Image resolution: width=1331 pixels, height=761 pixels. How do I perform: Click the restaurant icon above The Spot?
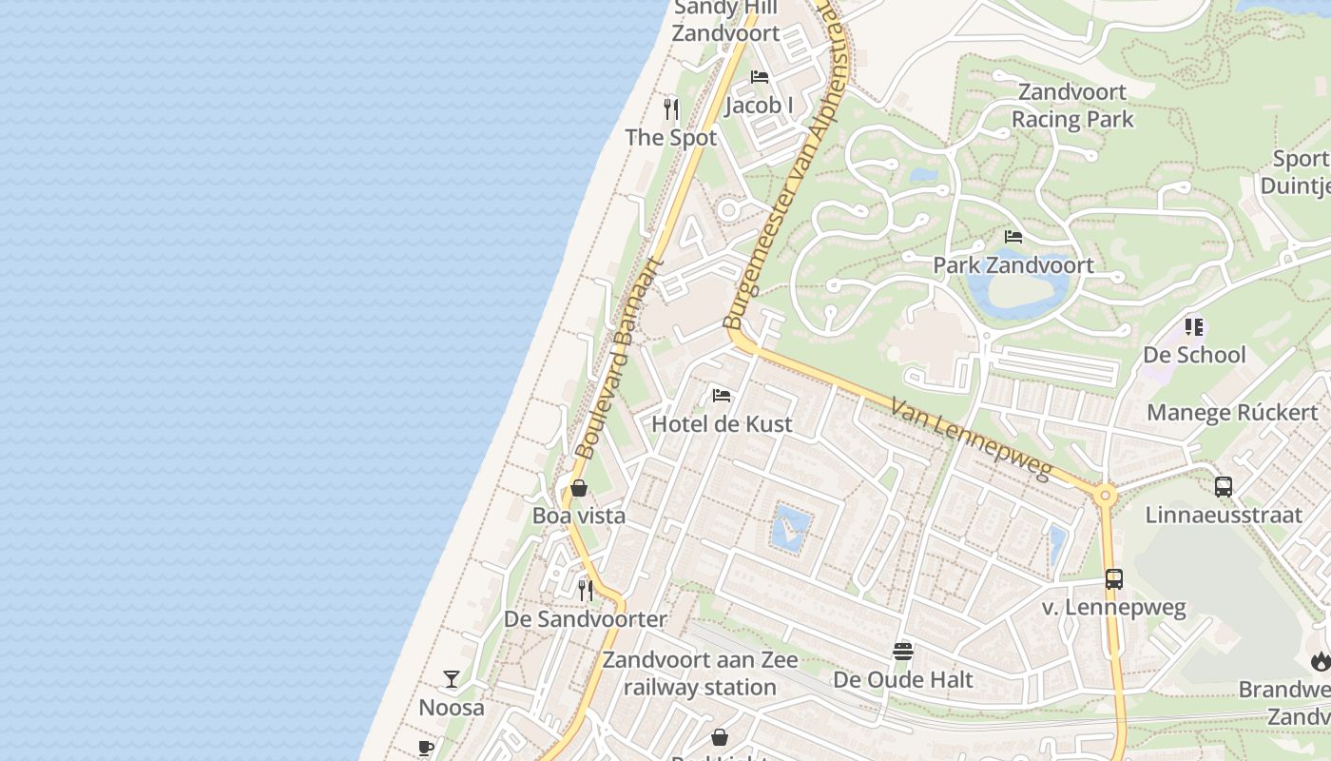coord(671,108)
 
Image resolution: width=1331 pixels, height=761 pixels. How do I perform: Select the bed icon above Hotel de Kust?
coord(722,395)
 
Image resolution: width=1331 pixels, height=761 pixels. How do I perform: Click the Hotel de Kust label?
coord(722,423)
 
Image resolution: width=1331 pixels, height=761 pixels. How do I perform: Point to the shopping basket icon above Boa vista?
coord(578,489)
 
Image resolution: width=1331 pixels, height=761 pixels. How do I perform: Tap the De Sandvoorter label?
coord(585,619)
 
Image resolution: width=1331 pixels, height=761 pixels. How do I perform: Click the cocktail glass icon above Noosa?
coord(452,679)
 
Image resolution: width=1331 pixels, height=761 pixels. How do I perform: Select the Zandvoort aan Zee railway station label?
coord(701,673)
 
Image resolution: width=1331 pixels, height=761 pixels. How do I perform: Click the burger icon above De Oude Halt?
coord(902,652)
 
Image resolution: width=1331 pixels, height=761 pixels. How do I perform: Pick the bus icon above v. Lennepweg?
coord(1113,578)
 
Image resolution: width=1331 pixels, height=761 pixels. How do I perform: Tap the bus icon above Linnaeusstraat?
coord(1223,486)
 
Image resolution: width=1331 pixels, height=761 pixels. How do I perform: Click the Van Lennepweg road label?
coord(971,439)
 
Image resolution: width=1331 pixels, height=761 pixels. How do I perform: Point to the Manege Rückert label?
coord(1232,412)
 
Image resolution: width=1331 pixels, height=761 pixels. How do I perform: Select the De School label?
coord(1194,355)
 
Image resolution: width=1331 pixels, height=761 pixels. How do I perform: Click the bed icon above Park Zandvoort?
coord(1013,237)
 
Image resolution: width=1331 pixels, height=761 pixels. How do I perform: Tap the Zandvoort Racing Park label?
coord(1072,106)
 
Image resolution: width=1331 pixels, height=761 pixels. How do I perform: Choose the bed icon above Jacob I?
coord(759,77)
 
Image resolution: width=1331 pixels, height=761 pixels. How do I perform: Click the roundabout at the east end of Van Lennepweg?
coord(1105,494)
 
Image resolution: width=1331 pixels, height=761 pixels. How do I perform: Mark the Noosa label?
coord(452,708)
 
